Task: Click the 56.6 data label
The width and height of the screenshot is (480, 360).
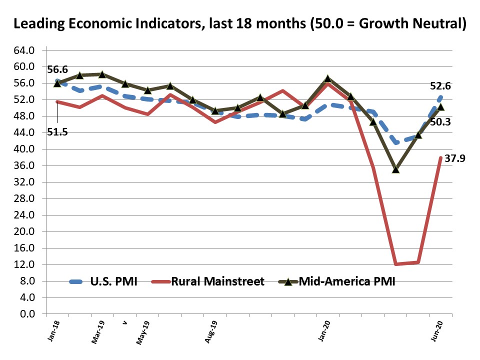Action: [58, 69]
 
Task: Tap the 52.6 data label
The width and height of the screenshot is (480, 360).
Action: [440, 86]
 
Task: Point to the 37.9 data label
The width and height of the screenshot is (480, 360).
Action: [454, 160]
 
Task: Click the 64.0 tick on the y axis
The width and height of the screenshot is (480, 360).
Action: [24, 50]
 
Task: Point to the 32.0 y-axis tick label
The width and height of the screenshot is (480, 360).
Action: [24, 182]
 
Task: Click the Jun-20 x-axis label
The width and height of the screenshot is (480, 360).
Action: [438, 330]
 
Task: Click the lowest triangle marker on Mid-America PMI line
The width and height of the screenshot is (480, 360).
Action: [396, 169]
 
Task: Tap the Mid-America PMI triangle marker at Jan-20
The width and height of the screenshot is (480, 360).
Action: [328, 78]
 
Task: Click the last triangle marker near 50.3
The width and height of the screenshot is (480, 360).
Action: [440, 106]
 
